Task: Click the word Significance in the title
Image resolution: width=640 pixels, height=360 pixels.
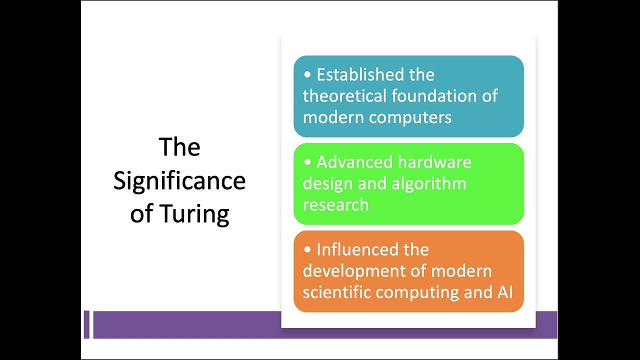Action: pos(179,181)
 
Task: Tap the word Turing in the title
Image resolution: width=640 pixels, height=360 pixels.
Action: pos(194,214)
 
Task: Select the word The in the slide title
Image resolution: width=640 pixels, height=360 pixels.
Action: pos(179,147)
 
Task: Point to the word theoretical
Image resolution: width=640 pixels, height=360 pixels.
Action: pos(343,96)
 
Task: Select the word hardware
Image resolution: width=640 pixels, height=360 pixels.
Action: pos(434,162)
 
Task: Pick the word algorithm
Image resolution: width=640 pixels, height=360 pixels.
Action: pos(428,183)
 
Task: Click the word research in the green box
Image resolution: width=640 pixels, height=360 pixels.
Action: pos(335,204)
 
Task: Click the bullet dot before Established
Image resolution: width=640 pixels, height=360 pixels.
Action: pos(307,75)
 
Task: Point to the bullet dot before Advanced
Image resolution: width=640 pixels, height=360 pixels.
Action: pos(307,162)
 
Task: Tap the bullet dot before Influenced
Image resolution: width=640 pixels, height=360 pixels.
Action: pos(307,249)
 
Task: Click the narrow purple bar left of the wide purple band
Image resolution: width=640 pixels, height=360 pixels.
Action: pos(86,324)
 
